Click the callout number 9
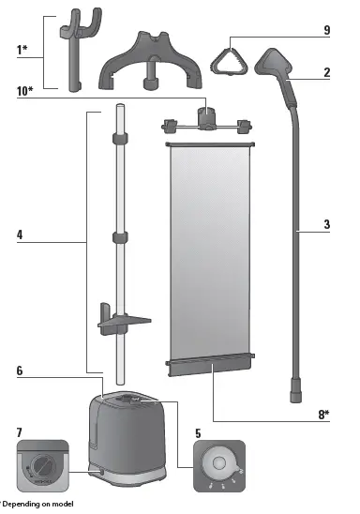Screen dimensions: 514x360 pos(326,31)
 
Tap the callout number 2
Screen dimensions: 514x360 pos(326,72)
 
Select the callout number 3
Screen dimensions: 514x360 pos(326,225)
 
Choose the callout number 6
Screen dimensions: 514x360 pos(21,370)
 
